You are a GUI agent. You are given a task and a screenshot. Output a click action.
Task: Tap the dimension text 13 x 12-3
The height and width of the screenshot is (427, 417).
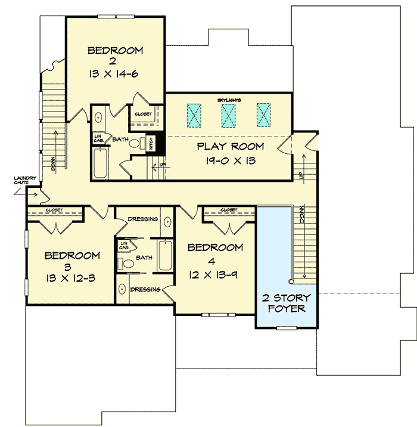73,277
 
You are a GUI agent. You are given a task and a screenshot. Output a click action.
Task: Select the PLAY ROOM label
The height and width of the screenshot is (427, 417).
231,146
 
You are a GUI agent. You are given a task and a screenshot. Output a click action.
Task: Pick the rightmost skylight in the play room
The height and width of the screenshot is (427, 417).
264,115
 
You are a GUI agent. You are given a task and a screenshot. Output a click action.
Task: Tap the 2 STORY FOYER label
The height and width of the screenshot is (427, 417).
287,303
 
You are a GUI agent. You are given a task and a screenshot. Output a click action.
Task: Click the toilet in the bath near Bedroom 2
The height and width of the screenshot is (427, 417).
135,143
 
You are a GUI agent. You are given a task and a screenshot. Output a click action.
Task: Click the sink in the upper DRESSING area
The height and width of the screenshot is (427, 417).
167,222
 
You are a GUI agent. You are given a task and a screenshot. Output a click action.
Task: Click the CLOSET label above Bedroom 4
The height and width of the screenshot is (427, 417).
229,210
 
